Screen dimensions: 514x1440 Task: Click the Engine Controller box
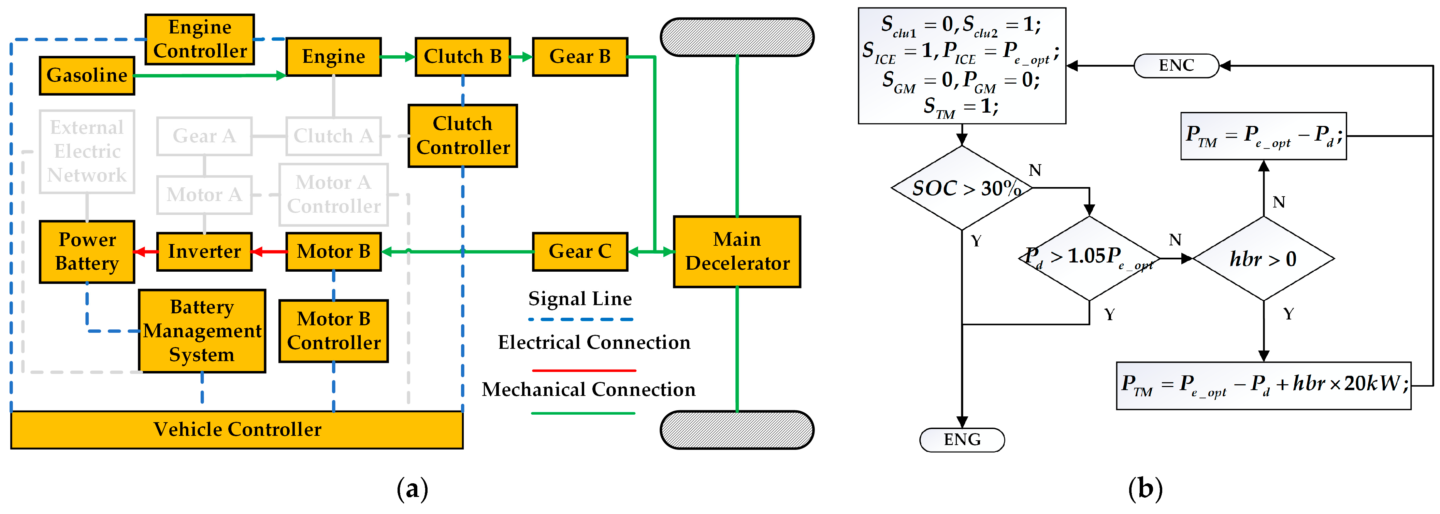tap(200, 39)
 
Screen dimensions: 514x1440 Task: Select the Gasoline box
tap(87, 75)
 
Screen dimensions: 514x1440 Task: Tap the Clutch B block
tap(462, 57)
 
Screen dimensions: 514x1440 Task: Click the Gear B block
tap(580, 57)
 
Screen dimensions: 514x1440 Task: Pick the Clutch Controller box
tap(462, 135)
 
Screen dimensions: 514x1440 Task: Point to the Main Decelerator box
tap(737, 251)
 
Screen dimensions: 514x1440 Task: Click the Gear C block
tap(580, 251)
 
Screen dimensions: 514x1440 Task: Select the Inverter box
tap(204, 251)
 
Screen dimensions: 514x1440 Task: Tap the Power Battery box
tap(87, 251)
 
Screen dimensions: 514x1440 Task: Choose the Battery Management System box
tap(202, 330)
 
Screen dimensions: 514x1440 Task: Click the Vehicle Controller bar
tap(237, 429)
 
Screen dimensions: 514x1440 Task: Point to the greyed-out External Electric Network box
tap(87, 151)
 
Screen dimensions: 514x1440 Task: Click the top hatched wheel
tap(737, 37)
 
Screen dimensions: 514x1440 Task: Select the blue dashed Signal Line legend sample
tap(580, 319)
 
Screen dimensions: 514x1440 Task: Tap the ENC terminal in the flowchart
tap(1176, 66)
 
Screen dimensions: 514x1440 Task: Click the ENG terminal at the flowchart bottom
tap(962, 440)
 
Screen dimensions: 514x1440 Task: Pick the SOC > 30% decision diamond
tap(962, 188)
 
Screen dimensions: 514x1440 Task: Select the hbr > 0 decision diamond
tap(1263, 258)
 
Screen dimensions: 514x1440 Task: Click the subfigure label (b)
tap(1145, 488)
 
